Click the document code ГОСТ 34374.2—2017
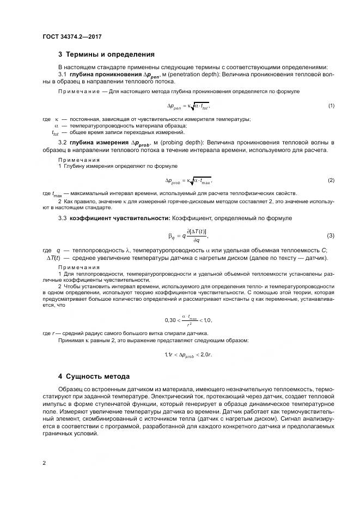72,37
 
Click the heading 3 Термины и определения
106,54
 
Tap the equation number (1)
331,105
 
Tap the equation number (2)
331,180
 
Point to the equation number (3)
331,235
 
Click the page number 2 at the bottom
44,463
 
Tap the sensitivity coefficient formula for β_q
188,235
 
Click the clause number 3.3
62,218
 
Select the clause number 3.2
62,143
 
